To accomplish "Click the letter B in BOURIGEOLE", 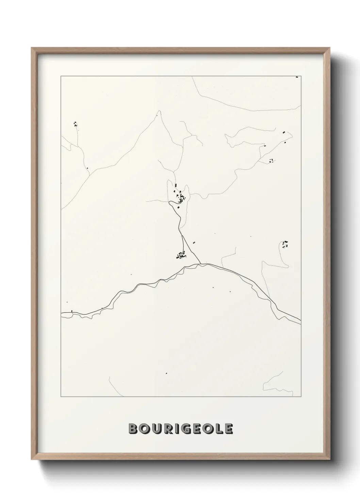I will point(133,429).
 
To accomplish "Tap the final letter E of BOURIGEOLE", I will point(228,429).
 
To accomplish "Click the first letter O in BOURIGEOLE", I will point(144,429).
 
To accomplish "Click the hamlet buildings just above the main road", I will point(181,255).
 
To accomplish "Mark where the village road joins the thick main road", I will point(200,263).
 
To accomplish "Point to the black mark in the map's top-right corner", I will point(297,77).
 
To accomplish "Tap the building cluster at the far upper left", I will point(75,124).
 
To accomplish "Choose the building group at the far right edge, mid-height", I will point(285,243).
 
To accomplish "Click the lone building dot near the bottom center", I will point(166,373).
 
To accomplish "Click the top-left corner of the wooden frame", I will point(32,48).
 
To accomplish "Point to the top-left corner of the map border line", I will point(61,76).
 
